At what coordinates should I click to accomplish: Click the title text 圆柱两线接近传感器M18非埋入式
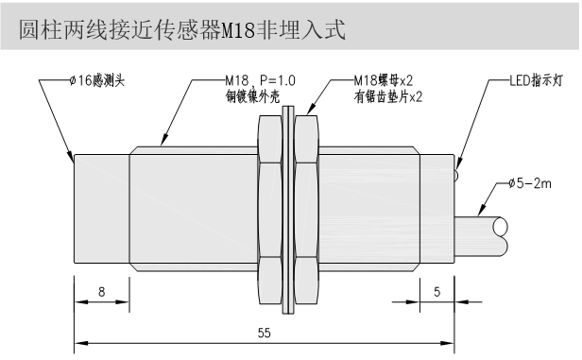182,29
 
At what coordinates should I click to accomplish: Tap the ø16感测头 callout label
97,80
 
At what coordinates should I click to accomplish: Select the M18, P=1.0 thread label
261,80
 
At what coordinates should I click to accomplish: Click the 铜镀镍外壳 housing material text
253,97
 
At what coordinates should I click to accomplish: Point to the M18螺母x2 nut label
384,80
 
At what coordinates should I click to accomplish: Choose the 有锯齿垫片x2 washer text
388,97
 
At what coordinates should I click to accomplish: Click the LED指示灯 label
537,80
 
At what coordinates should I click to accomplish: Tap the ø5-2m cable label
530,183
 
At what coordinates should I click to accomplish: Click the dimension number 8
102,292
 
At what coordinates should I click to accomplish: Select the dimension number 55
265,333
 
